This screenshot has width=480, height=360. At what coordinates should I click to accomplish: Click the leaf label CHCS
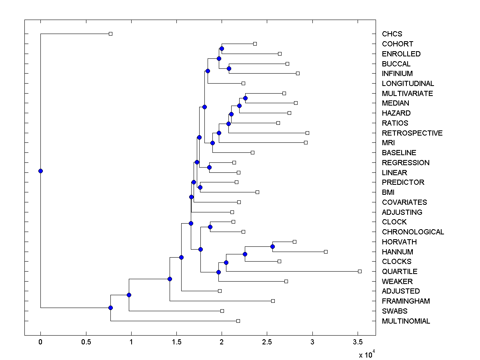tap(392, 34)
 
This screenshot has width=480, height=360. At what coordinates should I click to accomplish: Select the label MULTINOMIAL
tap(406, 321)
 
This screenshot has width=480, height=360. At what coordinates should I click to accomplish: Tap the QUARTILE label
tap(400, 272)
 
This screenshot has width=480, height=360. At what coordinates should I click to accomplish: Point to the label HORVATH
tap(399, 242)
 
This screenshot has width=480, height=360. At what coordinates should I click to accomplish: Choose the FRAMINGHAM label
tap(406, 301)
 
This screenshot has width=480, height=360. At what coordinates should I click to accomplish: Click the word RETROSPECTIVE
tap(412, 133)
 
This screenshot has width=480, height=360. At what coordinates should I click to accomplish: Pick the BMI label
tap(388, 192)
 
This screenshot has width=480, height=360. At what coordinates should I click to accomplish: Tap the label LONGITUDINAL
tap(408, 84)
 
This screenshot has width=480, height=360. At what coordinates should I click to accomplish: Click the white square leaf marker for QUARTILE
tap(360, 271)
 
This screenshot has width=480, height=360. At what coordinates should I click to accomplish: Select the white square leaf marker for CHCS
tap(111, 34)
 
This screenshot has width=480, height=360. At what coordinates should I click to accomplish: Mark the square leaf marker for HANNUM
tap(326, 252)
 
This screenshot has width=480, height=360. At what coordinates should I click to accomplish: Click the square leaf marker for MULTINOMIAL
tap(238, 321)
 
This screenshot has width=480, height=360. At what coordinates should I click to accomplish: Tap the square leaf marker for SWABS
tap(222, 311)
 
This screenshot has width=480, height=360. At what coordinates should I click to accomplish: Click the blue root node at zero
tap(40, 171)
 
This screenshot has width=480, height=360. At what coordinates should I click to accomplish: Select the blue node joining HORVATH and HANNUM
tap(272, 246)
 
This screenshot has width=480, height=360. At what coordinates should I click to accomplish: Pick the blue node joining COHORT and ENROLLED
tap(222, 48)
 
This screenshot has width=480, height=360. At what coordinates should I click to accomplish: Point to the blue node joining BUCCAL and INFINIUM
tap(229, 68)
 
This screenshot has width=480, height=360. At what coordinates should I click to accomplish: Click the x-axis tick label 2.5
tap(267, 342)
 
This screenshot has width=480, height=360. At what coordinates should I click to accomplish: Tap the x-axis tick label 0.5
tap(86, 342)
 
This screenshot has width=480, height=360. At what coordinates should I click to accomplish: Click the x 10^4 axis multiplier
tap(366, 354)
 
